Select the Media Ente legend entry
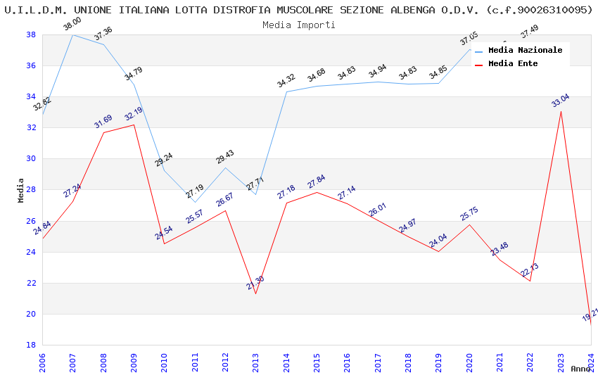pyautogui.click(x=513, y=64)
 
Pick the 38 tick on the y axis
pyautogui.click(x=31, y=35)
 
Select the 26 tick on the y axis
pyautogui.click(x=31, y=221)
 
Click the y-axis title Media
pyautogui.click(x=21, y=190)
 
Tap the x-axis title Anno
pyautogui.click(x=580, y=369)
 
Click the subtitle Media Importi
pyautogui.click(x=299, y=25)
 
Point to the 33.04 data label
pyautogui.click(x=561, y=100)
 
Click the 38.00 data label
pyautogui.click(x=72, y=24)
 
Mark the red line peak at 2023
pyautogui.click(x=561, y=111)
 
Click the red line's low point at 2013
pyautogui.click(x=255, y=293)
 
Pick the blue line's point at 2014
pyautogui.click(x=286, y=91)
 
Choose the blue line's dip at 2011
pyautogui.click(x=195, y=202)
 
